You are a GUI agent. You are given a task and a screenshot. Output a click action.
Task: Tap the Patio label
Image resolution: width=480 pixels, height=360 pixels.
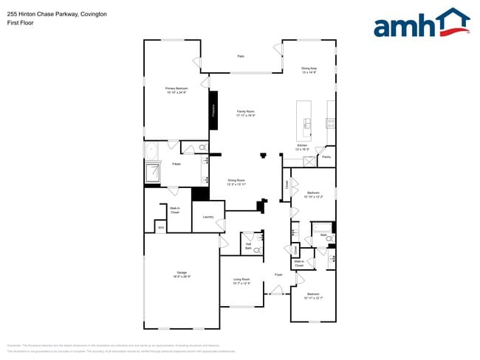(x=241, y=56)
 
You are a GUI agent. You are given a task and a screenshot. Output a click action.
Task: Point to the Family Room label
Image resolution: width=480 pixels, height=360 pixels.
(x=245, y=113)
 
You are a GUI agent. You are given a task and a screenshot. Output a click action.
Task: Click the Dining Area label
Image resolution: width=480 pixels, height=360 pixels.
(x=309, y=70)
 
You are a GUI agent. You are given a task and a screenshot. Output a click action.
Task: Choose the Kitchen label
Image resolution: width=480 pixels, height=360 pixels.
(x=301, y=147)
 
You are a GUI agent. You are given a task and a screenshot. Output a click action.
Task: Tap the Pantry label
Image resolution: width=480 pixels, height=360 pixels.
(x=326, y=156)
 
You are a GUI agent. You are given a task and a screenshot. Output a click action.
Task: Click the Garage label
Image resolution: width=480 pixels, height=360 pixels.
(x=182, y=274)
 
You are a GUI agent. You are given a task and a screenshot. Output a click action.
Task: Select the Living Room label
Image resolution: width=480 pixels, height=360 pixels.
(x=241, y=281)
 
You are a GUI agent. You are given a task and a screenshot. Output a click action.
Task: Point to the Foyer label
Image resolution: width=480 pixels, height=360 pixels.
(x=278, y=274)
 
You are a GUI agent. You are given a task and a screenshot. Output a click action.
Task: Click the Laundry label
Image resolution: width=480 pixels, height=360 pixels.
(x=208, y=217)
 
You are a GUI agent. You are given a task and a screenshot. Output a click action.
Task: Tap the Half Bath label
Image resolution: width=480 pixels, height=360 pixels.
(x=249, y=246)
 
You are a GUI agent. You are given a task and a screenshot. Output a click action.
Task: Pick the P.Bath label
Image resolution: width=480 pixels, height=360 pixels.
(x=176, y=164)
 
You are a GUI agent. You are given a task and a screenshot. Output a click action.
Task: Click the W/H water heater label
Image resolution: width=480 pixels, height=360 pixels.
(x=160, y=227)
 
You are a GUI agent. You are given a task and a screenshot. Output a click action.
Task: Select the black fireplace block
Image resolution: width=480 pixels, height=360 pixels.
(x=213, y=111)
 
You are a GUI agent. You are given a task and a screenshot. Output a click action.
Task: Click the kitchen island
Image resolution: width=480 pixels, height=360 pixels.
(x=304, y=120)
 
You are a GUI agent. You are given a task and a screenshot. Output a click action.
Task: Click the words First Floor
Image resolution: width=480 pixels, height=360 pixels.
(x=20, y=23)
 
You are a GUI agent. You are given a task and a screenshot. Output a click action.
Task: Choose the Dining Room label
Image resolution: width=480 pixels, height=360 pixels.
(x=236, y=181)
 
